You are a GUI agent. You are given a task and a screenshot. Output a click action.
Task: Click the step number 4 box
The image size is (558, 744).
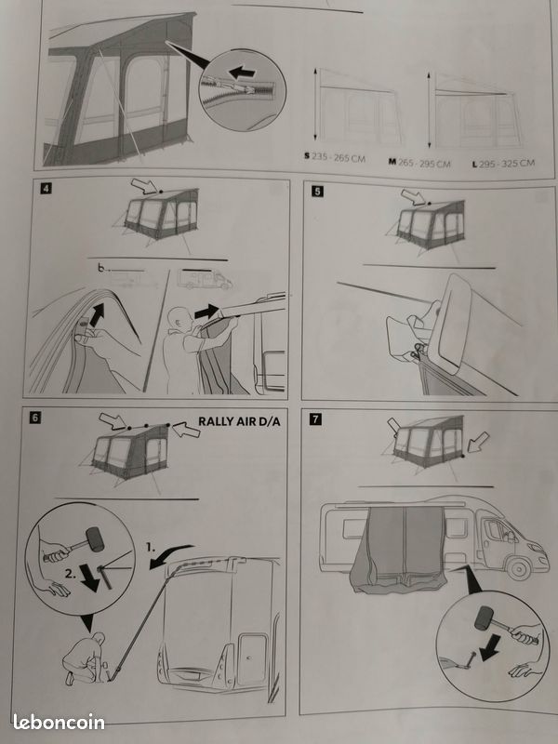click(46, 189)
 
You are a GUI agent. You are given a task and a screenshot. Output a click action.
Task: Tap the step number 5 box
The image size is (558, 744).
click(317, 192)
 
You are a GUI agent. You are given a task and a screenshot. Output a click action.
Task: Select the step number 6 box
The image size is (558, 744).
click(35, 418)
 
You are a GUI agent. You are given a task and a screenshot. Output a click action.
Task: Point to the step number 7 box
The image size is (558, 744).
click(315, 419)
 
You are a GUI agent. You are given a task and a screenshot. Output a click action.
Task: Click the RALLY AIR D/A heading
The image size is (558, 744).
click(239, 421)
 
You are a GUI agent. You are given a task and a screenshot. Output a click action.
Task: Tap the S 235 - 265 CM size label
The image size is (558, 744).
click(335, 157)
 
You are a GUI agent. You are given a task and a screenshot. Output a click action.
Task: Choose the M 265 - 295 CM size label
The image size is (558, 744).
click(419, 163)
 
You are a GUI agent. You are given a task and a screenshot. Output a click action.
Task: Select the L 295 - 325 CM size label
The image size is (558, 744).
click(503, 164)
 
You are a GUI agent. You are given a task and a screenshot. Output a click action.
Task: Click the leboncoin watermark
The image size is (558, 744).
click(59, 723)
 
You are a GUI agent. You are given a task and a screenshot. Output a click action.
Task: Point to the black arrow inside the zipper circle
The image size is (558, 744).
click(242, 73)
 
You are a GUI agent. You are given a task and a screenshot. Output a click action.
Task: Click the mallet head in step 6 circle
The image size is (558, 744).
click(95, 539)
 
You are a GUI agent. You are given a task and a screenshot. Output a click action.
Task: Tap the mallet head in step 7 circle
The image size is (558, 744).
click(485, 618)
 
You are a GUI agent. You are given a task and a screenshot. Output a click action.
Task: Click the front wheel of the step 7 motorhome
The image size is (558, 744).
click(519, 568)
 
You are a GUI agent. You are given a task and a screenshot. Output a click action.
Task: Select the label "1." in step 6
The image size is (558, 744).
click(151, 547)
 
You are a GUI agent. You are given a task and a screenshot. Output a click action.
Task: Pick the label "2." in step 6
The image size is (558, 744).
click(71, 574)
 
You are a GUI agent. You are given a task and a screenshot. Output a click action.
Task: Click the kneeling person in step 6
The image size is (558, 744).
click(85, 658)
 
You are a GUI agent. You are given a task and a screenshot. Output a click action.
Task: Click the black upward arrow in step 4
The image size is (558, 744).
click(97, 314)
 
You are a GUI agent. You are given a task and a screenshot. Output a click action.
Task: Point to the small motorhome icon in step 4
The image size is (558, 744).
click(205, 280)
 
